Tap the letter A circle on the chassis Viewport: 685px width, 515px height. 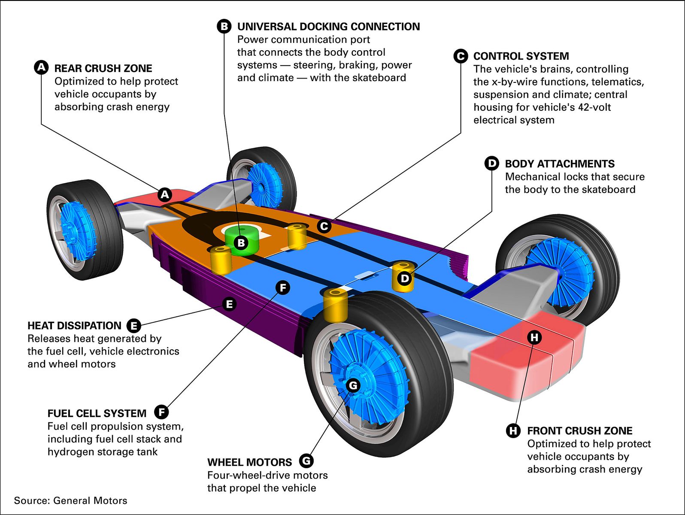[165, 195]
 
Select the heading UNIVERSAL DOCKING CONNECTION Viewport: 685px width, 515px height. [328, 27]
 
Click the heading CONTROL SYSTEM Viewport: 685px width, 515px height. [521, 56]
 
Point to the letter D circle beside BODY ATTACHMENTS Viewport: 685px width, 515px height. [491, 164]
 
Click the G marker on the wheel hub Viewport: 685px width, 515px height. [353, 385]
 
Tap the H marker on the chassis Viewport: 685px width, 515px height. [534, 337]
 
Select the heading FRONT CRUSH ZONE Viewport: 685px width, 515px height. [579, 431]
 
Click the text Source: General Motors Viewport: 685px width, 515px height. [70, 500]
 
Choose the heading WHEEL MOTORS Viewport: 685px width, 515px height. [249, 462]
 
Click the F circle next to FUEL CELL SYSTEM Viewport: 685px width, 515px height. [161, 412]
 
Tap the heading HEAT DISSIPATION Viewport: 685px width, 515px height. [74, 326]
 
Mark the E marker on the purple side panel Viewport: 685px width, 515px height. [229, 304]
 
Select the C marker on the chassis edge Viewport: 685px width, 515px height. [324, 226]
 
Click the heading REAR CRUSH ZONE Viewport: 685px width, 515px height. [103, 69]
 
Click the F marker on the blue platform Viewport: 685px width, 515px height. [282, 288]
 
